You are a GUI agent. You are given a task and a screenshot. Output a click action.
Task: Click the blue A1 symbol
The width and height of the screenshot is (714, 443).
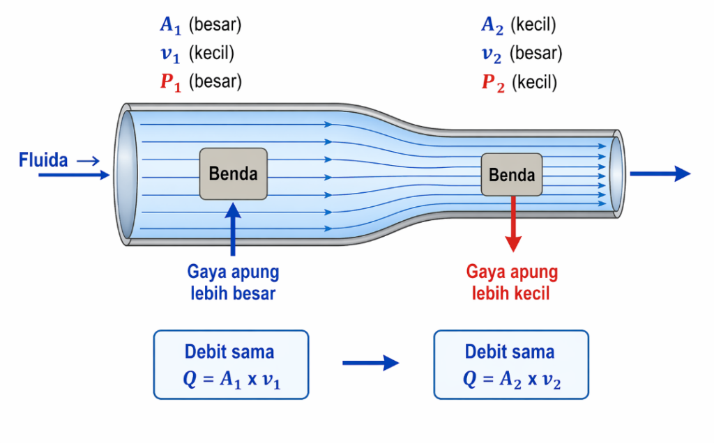pos(170,26)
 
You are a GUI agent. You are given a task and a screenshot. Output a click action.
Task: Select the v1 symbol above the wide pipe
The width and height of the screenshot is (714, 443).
pos(170,54)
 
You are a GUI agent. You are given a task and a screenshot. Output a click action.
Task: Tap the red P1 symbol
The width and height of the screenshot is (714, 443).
pos(170,81)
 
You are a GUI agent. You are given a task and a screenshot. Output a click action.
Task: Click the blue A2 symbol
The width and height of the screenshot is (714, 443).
pos(492,26)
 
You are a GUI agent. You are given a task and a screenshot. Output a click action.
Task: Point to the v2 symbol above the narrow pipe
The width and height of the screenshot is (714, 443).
pos(492,54)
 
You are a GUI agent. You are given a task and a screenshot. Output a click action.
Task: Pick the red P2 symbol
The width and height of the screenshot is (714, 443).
pos(492,83)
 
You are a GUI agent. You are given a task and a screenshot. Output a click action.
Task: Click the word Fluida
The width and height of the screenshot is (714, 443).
pos(43,161)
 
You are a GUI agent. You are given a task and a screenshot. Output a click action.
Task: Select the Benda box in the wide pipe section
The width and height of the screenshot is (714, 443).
pos(233,173)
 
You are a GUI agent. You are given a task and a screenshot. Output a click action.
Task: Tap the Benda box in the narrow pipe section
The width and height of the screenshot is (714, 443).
pos(512,174)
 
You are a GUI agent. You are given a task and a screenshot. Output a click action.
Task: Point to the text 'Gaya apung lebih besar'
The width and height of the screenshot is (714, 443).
pos(233,283)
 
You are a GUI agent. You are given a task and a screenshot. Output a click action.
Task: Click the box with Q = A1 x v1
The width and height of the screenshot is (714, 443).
pos(230,364)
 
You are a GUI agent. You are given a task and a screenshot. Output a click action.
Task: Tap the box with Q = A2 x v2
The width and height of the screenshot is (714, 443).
pos(511,364)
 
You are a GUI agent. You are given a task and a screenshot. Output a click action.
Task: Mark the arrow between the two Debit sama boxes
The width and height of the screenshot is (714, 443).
pos(370,363)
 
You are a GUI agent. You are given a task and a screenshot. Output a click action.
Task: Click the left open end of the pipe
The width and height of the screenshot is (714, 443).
pos(126,173)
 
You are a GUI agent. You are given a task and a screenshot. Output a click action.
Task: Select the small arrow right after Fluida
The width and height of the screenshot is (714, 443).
pos(89,162)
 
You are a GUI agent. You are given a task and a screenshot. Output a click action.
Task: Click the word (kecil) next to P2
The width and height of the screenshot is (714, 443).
pos(535,83)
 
